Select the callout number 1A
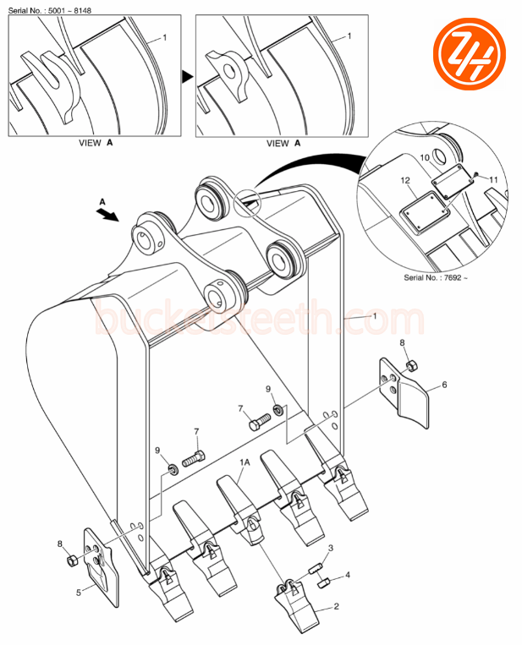pyautogui.click(x=245, y=463)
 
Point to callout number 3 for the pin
pyautogui.click(x=331, y=549)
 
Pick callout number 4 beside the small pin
pyautogui.click(x=347, y=577)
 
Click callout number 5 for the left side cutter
pyautogui.click(x=79, y=593)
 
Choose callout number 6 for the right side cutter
pyautogui.click(x=445, y=385)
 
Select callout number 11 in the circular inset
pyautogui.click(x=493, y=179)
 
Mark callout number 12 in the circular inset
pyautogui.click(x=405, y=181)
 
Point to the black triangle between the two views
pyautogui.click(x=188, y=76)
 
